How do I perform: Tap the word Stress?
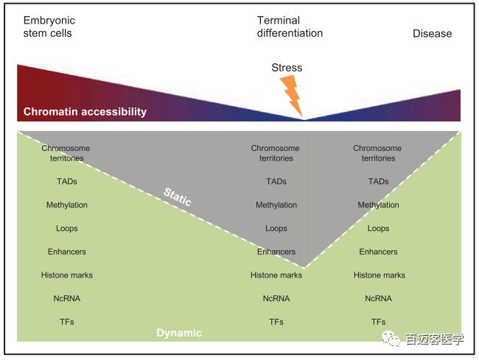(287, 68)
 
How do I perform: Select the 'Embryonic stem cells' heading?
(49, 27)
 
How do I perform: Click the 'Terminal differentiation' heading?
(290, 27)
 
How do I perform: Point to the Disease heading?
(432, 33)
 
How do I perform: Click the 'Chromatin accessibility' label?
(85, 112)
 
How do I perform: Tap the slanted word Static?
(177, 197)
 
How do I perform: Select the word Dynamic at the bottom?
(179, 333)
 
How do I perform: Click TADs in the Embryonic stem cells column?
(67, 181)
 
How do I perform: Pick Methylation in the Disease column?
(378, 205)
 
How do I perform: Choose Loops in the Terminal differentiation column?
(276, 228)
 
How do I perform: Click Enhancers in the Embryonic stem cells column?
(67, 252)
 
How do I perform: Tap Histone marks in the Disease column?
(379, 275)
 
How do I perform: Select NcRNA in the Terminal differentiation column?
(276, 298)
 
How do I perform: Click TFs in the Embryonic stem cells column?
(67, 322)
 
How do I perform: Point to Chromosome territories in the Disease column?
(378, 153)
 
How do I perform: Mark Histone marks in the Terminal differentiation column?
(276, 275)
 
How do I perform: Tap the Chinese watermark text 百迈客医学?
(435, 339)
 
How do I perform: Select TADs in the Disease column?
(378, 181)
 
